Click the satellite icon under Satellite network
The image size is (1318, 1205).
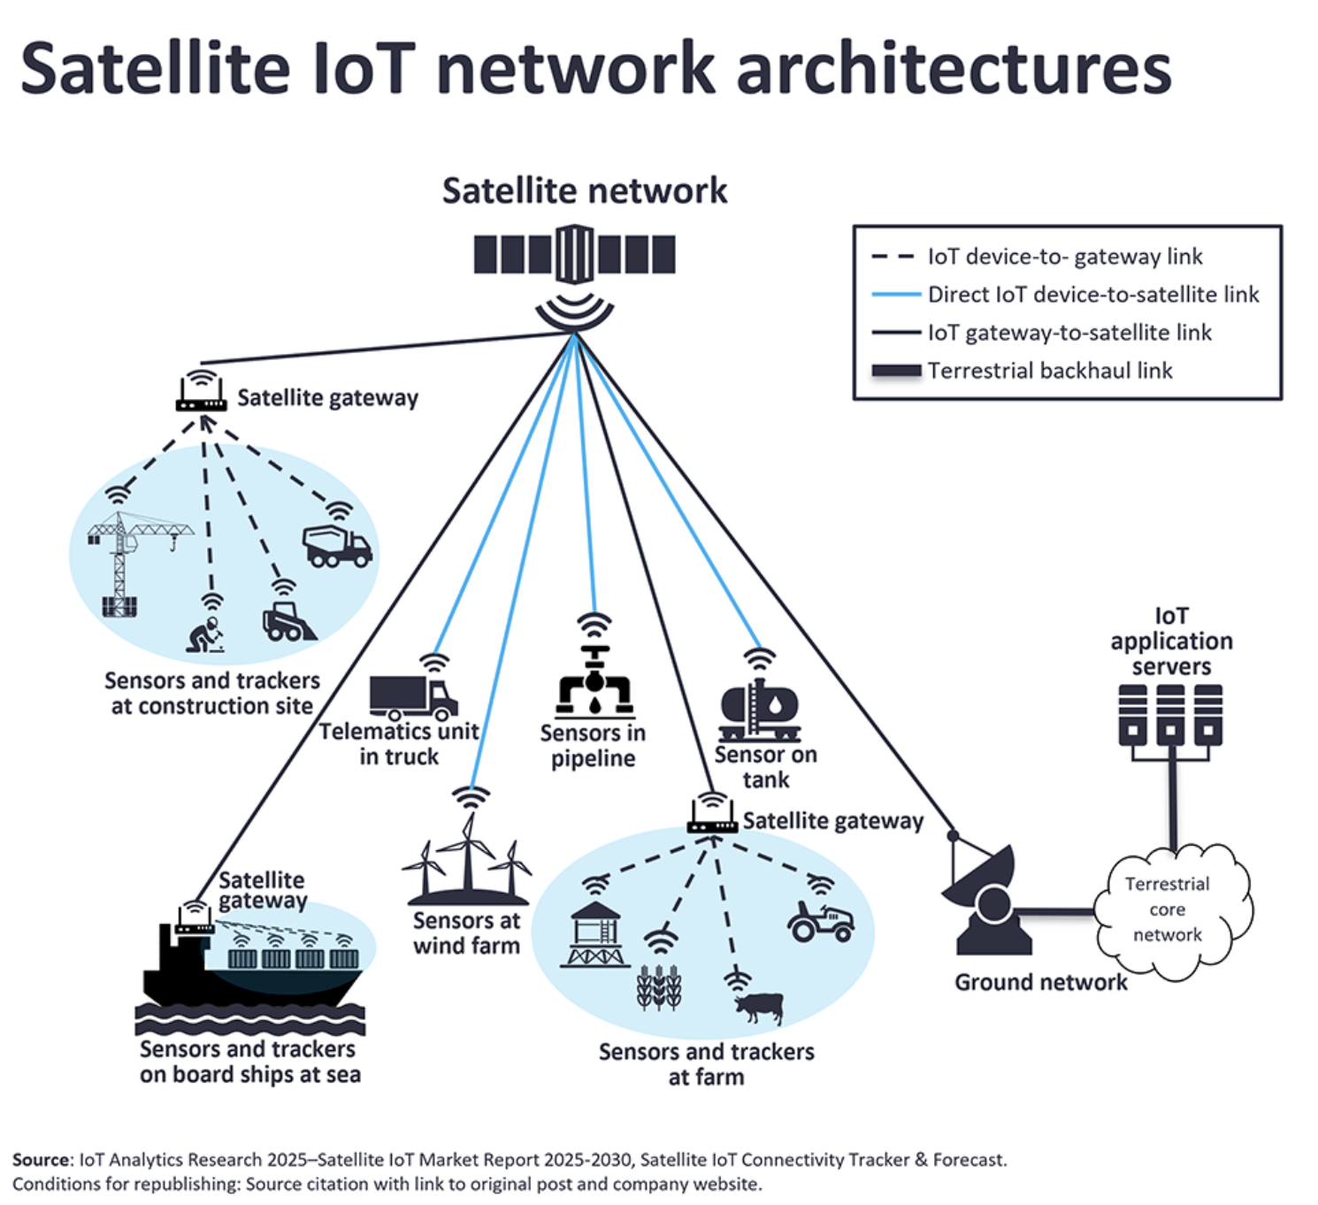coord(574,255)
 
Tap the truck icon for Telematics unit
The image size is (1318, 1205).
coord(413,698)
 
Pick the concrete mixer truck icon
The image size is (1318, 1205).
coord(337,547)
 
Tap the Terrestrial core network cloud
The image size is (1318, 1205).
coord(1168,910)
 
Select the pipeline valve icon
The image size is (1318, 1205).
coord(594,682)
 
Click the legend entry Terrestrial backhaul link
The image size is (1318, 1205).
coord(1049,371)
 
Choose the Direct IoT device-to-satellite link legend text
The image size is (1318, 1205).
coord(1092,295)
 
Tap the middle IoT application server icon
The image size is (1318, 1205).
coord(1170,715)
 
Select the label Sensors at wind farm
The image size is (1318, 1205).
coord(466,933)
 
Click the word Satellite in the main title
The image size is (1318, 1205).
coord(155,68)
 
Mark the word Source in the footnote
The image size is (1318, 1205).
coord(41,1160)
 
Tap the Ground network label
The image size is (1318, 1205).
coord(1040,982)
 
